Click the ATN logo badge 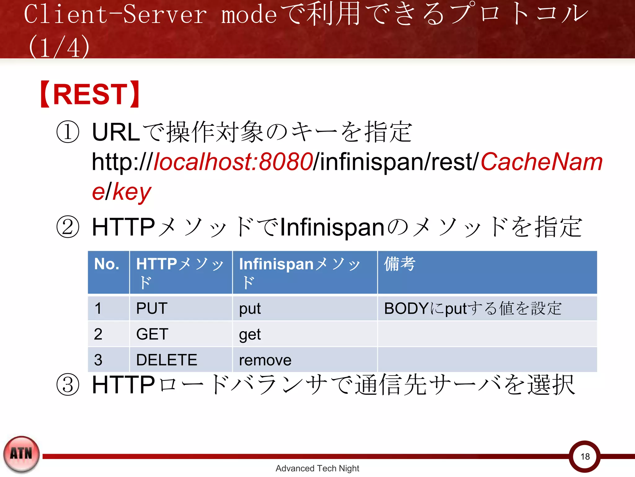(21, 454)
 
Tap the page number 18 (585, 457)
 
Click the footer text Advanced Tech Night (317, 468)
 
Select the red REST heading (90, 94)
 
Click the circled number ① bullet (68, 132)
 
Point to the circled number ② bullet (68, 227)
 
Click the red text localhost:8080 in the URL (233, 162)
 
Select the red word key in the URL (132, 192)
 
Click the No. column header (107, 264)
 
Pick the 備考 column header (399, 264)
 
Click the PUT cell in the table (152, 308)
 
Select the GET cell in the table (152, 334)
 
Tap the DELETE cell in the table (167, 360)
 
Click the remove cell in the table (265, 360)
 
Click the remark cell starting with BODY (473, 308)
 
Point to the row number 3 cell (98, 360)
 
